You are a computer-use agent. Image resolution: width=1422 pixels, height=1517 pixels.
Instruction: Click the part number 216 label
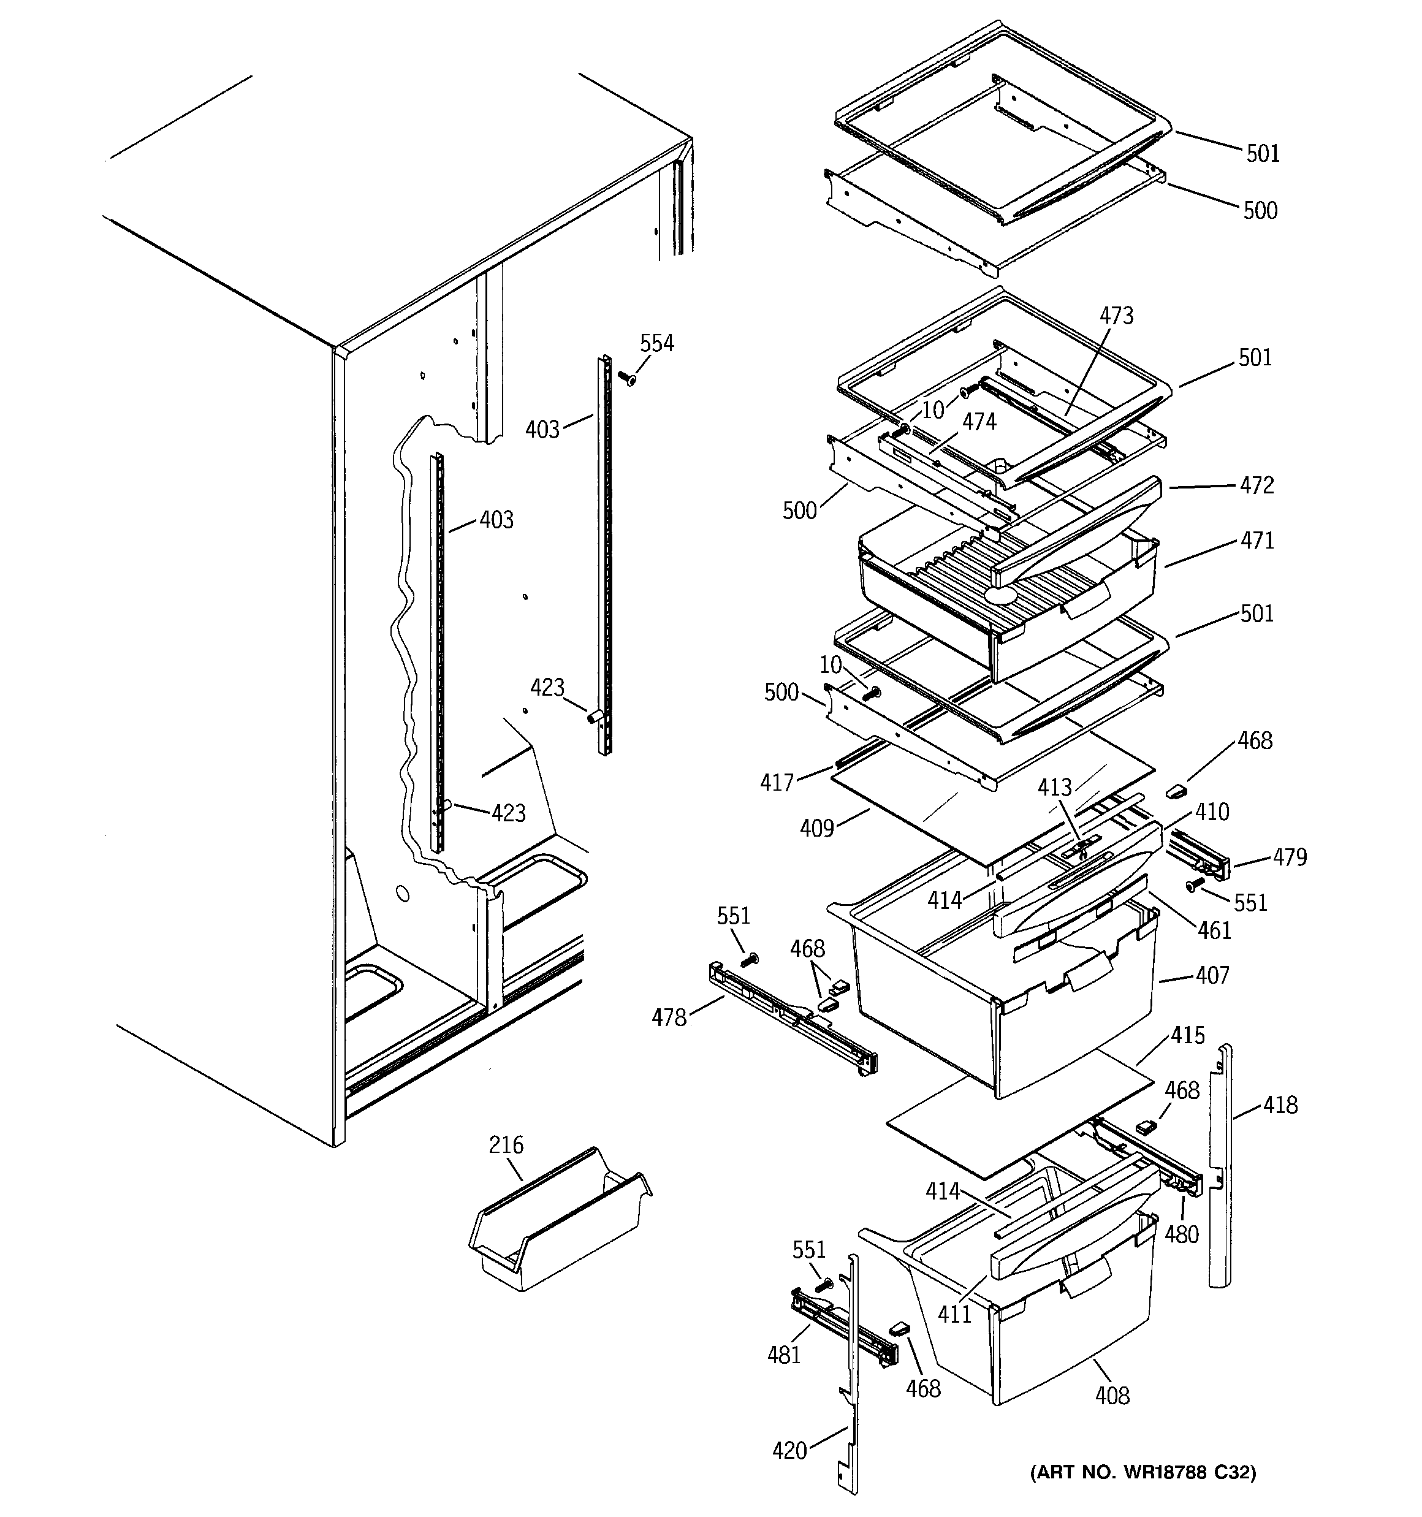tap(506, 1144)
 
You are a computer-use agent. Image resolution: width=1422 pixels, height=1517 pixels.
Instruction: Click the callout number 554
tap(656, 343)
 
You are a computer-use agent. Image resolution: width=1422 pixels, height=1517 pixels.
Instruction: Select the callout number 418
tap(1280, 1105)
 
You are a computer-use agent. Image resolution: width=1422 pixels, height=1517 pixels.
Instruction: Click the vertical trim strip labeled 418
tap(1220, 1168)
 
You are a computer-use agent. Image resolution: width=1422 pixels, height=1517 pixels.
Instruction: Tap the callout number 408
tap(1112, 1396)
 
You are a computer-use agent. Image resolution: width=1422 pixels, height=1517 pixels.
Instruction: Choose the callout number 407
tap(1213, 975)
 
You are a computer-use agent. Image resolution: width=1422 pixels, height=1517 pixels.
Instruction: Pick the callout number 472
tap(1257, 485)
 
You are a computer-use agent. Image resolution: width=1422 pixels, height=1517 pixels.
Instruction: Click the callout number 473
tap(1117, 315)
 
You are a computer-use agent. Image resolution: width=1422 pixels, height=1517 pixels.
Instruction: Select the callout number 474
tap(979, 421)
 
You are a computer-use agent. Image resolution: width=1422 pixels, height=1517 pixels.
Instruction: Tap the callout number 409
tap(816, 828)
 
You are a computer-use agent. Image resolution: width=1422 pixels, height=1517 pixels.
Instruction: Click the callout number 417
tap(777, 782)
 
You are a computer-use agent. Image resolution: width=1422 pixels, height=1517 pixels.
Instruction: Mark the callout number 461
tap(1214, 930)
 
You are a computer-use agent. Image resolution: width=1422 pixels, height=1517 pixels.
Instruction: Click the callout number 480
tap(1182, 1234)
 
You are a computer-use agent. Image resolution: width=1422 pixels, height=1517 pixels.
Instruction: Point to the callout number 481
tap(784, 1355)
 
